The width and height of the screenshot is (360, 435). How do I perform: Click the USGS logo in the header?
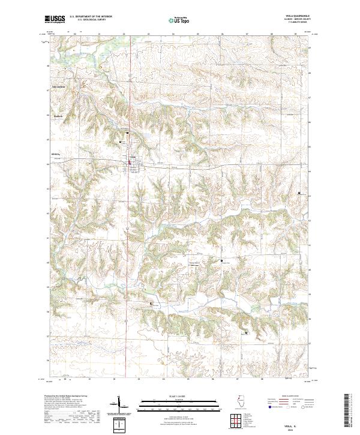click(x=55, y=20)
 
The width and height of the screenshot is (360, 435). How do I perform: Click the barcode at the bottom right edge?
click(x=350, y=412)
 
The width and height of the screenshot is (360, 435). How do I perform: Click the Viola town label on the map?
click(x=134, y=158)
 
